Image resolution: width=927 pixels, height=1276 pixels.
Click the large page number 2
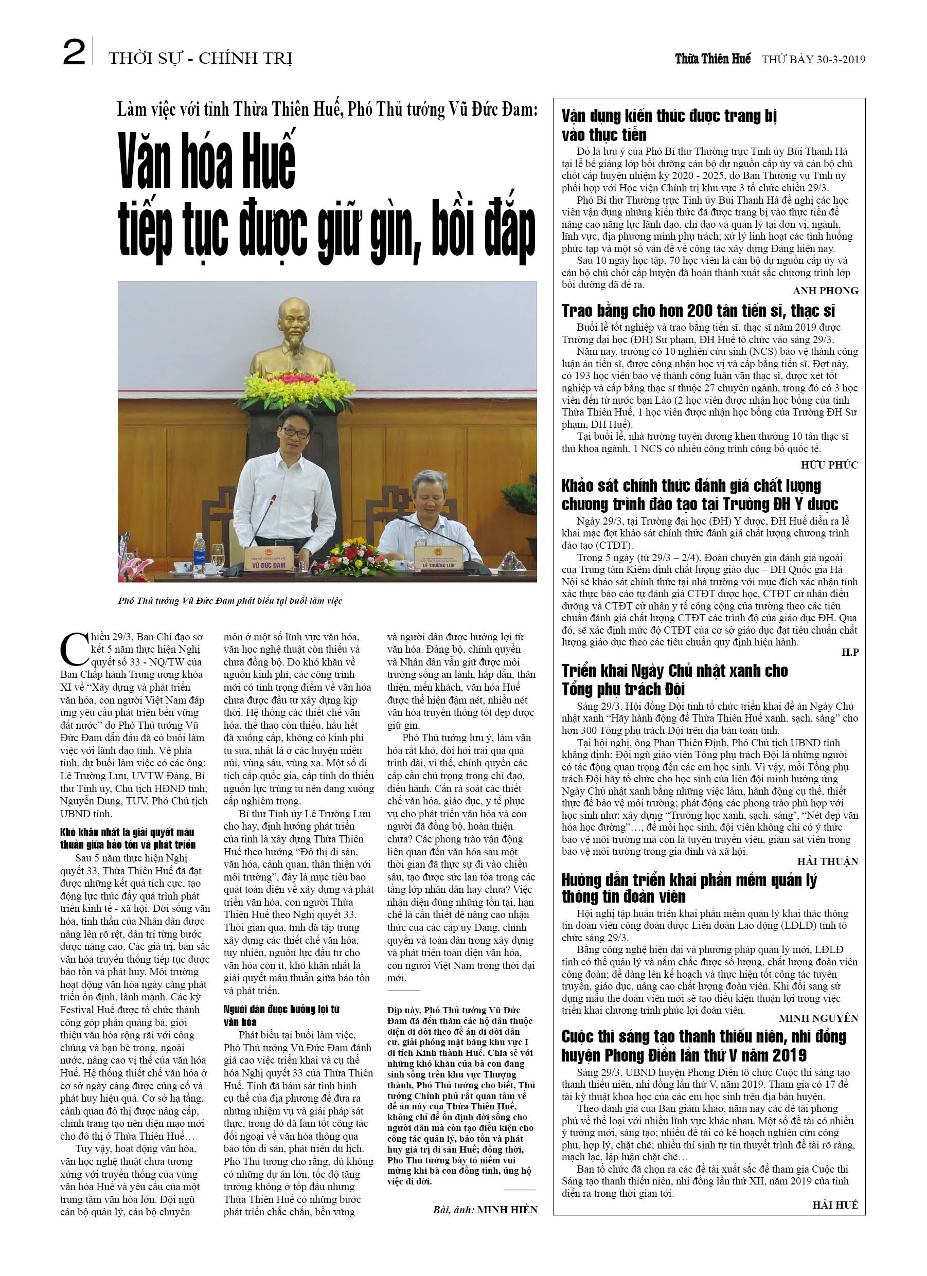pyautogui.click(x=74, y=53)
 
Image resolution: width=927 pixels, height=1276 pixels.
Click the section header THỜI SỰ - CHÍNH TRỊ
pyautogui.click(x=201, y=58)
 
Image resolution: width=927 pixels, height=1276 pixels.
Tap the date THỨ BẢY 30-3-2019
pyautogui.click(x=813, y=60)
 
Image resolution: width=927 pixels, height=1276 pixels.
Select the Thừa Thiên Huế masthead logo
pyautogui.click(x=712, y=59)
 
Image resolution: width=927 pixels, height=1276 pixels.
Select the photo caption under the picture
pyautogui.click(x=229, y=601)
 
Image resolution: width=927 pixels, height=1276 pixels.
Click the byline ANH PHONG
pyautogui.click(x=825, y=291)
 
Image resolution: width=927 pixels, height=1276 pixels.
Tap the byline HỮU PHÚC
pyautogui.click(x=829, y=465)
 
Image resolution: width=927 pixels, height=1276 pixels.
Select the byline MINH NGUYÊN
pyautogui.click(x=818, y=1019)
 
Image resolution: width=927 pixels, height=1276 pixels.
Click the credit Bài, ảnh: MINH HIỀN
pyautogui.click(x=485, y=1210)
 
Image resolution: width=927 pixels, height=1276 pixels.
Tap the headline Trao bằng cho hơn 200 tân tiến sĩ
pyautogui.click(x=698, y=311)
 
